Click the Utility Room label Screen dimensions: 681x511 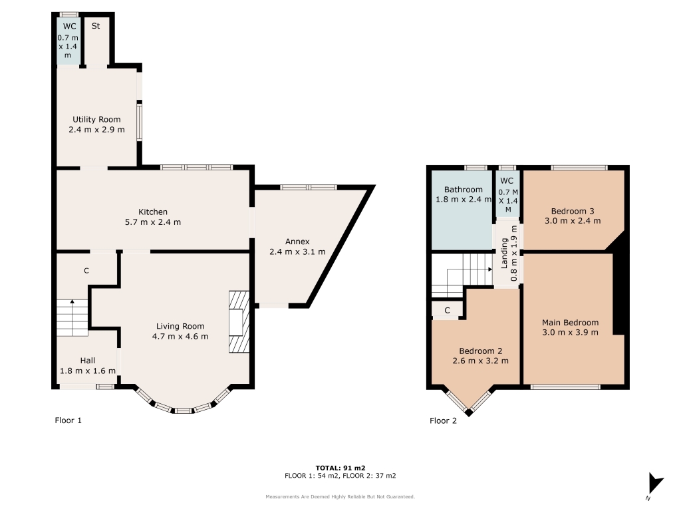pyautogui.click(x=96, y=120)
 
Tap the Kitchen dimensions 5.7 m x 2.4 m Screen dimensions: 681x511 pyautogui.click(x=153, y=222)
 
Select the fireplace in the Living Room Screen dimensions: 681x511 pyautogui.click(x=239, y=321)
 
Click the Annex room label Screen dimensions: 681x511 pyautogui.click(x=297, y=242)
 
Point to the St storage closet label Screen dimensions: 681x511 pyautogui.click(x=96, y=26)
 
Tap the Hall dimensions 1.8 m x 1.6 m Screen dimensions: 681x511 pyautogui.click(x=88, y=371)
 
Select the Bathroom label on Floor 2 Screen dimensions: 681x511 pyautogui.click(x=464, y=190)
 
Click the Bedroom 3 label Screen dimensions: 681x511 pyautogui.click(x=573, y=211)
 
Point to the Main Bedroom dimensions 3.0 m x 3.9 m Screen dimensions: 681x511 pyautogui.click(x=570, y=333)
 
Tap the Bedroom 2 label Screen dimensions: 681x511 pyautogui.click(x=481, y=351)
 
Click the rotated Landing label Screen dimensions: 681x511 pyautogui.click(x=504, y=254)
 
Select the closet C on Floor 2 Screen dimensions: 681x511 pyautogui.click(x=447, y=310)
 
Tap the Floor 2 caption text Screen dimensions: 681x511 pyautogui.click(x=443, y=421)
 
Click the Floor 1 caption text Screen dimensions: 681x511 pyautogui.click(x=68, y=421)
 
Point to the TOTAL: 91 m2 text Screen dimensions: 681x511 pyautogui.click(x=340, y=468)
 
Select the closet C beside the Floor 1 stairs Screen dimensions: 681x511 pyautogui.click(x=86, y=271)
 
